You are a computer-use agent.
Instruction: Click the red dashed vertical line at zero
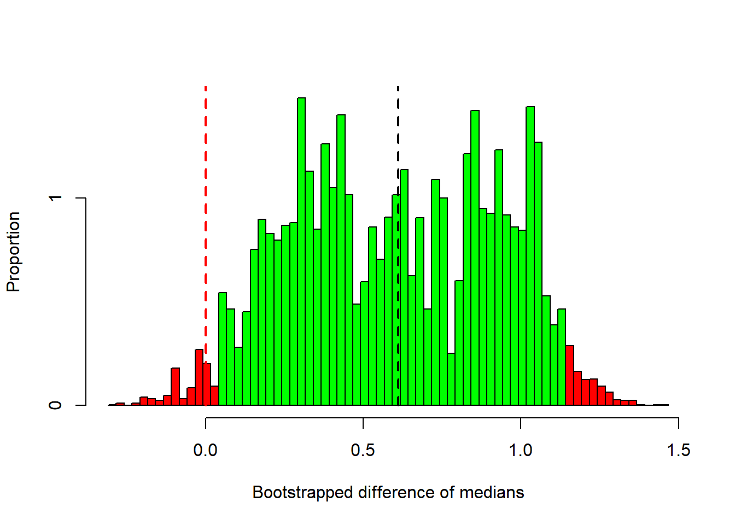pyautogui.click(x=206, y=219)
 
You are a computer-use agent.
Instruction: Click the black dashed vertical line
pyautogui.click(x=398, y=137)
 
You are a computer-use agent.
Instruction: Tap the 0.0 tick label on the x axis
pyautogui.click(x=206, y=451)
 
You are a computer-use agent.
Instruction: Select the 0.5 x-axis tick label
pyautogui.click(x=363, y=451)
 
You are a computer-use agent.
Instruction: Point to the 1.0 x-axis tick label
pyautogui.click(x=521, y=451)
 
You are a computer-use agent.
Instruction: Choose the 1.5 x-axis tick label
pyautogui.click(x=678, y=451)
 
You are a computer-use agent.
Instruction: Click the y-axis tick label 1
pyautogui.click(x=55, y=198)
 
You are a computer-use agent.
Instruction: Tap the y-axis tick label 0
pyautogui.click(x=55, y=405)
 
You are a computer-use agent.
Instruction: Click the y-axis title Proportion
pyautogui.click(x=13, y=252)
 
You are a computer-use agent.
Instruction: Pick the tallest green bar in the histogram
pyautogui.click(x=301, y=252)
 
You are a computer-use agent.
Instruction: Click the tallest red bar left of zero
pyautogui.click(x=199, y=377)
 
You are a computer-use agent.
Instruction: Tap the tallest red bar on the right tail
pyautogui.click(x=570, y=376)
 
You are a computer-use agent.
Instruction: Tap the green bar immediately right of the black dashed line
pyautogui.click(x=404, y=288)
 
